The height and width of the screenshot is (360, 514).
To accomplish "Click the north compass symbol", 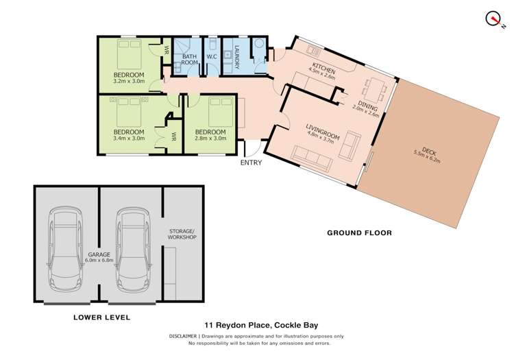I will click(x=492, y=19).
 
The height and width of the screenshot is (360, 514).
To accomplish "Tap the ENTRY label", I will click(x=251, y=163).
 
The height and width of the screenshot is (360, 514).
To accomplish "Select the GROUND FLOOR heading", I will click(x=359, y=233).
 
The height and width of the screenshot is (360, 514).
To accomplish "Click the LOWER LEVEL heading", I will click(x=101, y=317).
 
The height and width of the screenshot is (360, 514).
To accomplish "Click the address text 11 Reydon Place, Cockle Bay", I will click(x=257, y=326).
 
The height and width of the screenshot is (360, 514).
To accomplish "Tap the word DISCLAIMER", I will click(x=182, y=337).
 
